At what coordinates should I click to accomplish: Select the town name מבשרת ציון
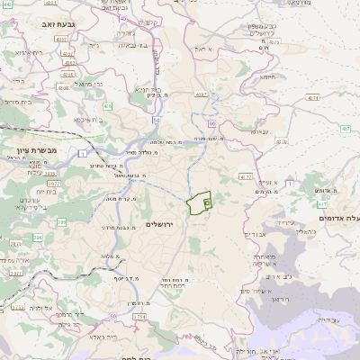[x=39, y=150]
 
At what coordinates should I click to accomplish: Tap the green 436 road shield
[x=107, y=106]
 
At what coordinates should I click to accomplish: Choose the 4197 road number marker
[x=346, y=129]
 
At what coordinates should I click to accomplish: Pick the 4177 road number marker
[x=246, y=177]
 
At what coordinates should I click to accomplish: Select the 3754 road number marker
[x=139, y=318]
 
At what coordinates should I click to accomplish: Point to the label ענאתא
[x=260, y=130]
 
